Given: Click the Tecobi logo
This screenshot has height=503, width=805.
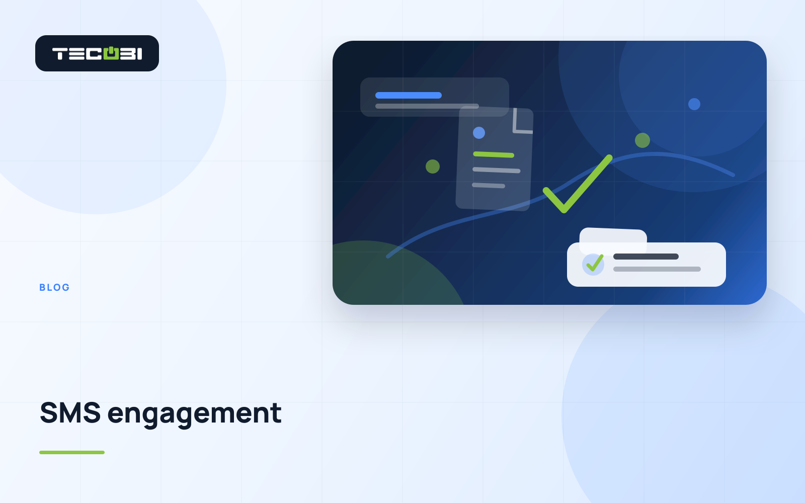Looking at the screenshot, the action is [x=97, y=53].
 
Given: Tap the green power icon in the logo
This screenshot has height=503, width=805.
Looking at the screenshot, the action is [x=111, y=53].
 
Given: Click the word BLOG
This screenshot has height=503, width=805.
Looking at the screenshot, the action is [x=55, y=287].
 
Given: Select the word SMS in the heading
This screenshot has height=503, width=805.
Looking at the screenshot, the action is [x=70, y=413].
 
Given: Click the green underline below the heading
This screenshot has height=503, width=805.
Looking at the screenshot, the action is [x=72, y=452].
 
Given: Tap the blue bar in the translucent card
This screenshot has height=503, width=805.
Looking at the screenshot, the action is [x=408, y=95].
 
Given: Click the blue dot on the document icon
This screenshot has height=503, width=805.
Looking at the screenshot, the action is [x=478, y=133].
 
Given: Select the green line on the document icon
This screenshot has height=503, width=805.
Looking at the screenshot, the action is [x=494, y=154].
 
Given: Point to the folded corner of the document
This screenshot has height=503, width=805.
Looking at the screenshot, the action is [x=523, y=121].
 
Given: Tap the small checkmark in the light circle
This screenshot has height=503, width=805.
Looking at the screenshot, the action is [x=595, y=263].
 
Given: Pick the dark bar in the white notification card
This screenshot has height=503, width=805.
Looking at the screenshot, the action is [x=646, y=257].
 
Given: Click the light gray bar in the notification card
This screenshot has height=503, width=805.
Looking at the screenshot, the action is [x=657, y=269].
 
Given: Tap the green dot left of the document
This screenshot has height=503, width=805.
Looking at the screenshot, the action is [x=433, y=166].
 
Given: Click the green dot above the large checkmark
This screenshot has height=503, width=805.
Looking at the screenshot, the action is [x=642, y=140].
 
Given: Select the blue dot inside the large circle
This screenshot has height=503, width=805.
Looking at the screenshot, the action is [x=694, y=104].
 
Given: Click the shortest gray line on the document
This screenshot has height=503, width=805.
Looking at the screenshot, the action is [x=489, y=186].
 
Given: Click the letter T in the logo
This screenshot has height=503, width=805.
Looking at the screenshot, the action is [x=60, y=54].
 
